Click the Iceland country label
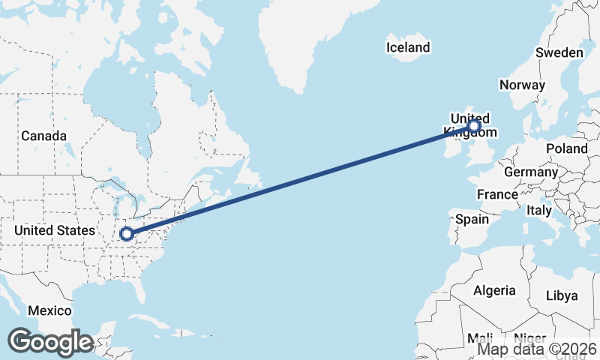click(x=408, y=48)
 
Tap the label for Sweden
click(x=559, y=52)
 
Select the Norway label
click(x=522, y=85)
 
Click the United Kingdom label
click(x=469, y=125)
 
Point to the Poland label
click(x=567, y=148)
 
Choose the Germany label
click(x=531, y=172)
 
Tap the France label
click(x=498, y=194)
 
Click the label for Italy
click(x=539, y=210)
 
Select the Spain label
click(x=472, y=220)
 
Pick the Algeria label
click(x=494, y=290)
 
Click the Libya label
click(x=562, y=295)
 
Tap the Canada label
click(x=43, y=136)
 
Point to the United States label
click(x=55, y=230)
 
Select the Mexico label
click(x=49, y=310)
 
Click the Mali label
click(x=479, y=337)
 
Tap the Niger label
click(x=531, y=337)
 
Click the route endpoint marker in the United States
click(x=127, y=234)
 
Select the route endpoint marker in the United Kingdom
click(x=473, y=127)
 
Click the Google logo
click(x=50, y=342)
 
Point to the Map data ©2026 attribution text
click(x=537, y=349)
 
